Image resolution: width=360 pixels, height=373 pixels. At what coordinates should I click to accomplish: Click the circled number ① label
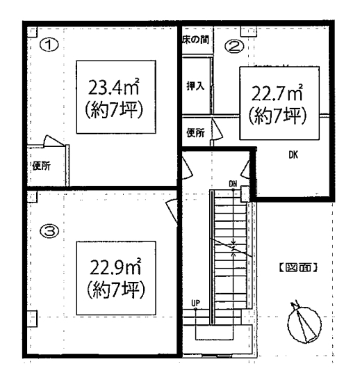click(x=49, y=45)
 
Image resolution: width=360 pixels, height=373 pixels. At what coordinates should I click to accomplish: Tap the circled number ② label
click(x=234, y=47)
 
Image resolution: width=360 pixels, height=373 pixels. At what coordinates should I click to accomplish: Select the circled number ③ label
click(x=49, y=231)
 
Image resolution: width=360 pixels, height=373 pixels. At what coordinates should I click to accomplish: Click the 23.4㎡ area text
click(x=113, y=87)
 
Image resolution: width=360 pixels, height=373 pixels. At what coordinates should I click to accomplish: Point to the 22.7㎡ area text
click(x=277, y=93)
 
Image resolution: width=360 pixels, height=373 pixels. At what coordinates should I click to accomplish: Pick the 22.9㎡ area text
click(x=115, y=268)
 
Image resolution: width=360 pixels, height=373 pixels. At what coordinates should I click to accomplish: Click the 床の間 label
click(x=195, y=40)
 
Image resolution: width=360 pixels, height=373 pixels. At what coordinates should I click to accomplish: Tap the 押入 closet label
click(x=195, y=86)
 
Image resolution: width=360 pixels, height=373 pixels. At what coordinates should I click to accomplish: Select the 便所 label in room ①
click(x=42, y=166)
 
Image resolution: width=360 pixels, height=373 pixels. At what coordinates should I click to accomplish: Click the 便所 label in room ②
click(x=195, y=133)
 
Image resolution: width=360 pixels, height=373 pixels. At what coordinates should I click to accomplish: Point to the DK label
click(x=293, y=155)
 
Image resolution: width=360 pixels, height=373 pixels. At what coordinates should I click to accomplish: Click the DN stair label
click(x=233, y=184)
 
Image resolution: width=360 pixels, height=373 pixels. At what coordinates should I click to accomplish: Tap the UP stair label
click(x=195, y=303)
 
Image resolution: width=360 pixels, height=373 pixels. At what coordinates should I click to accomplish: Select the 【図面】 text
click(x=298, y=268)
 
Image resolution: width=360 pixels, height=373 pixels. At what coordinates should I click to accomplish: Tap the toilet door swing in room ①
click(x=54, y=141)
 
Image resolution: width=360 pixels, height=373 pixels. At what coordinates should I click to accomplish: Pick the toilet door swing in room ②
click(x=217, y=129)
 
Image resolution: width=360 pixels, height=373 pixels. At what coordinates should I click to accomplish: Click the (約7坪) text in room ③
click(x=116, y=289)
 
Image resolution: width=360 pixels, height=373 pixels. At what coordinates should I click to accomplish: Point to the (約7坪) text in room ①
click(x=114, y=110)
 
